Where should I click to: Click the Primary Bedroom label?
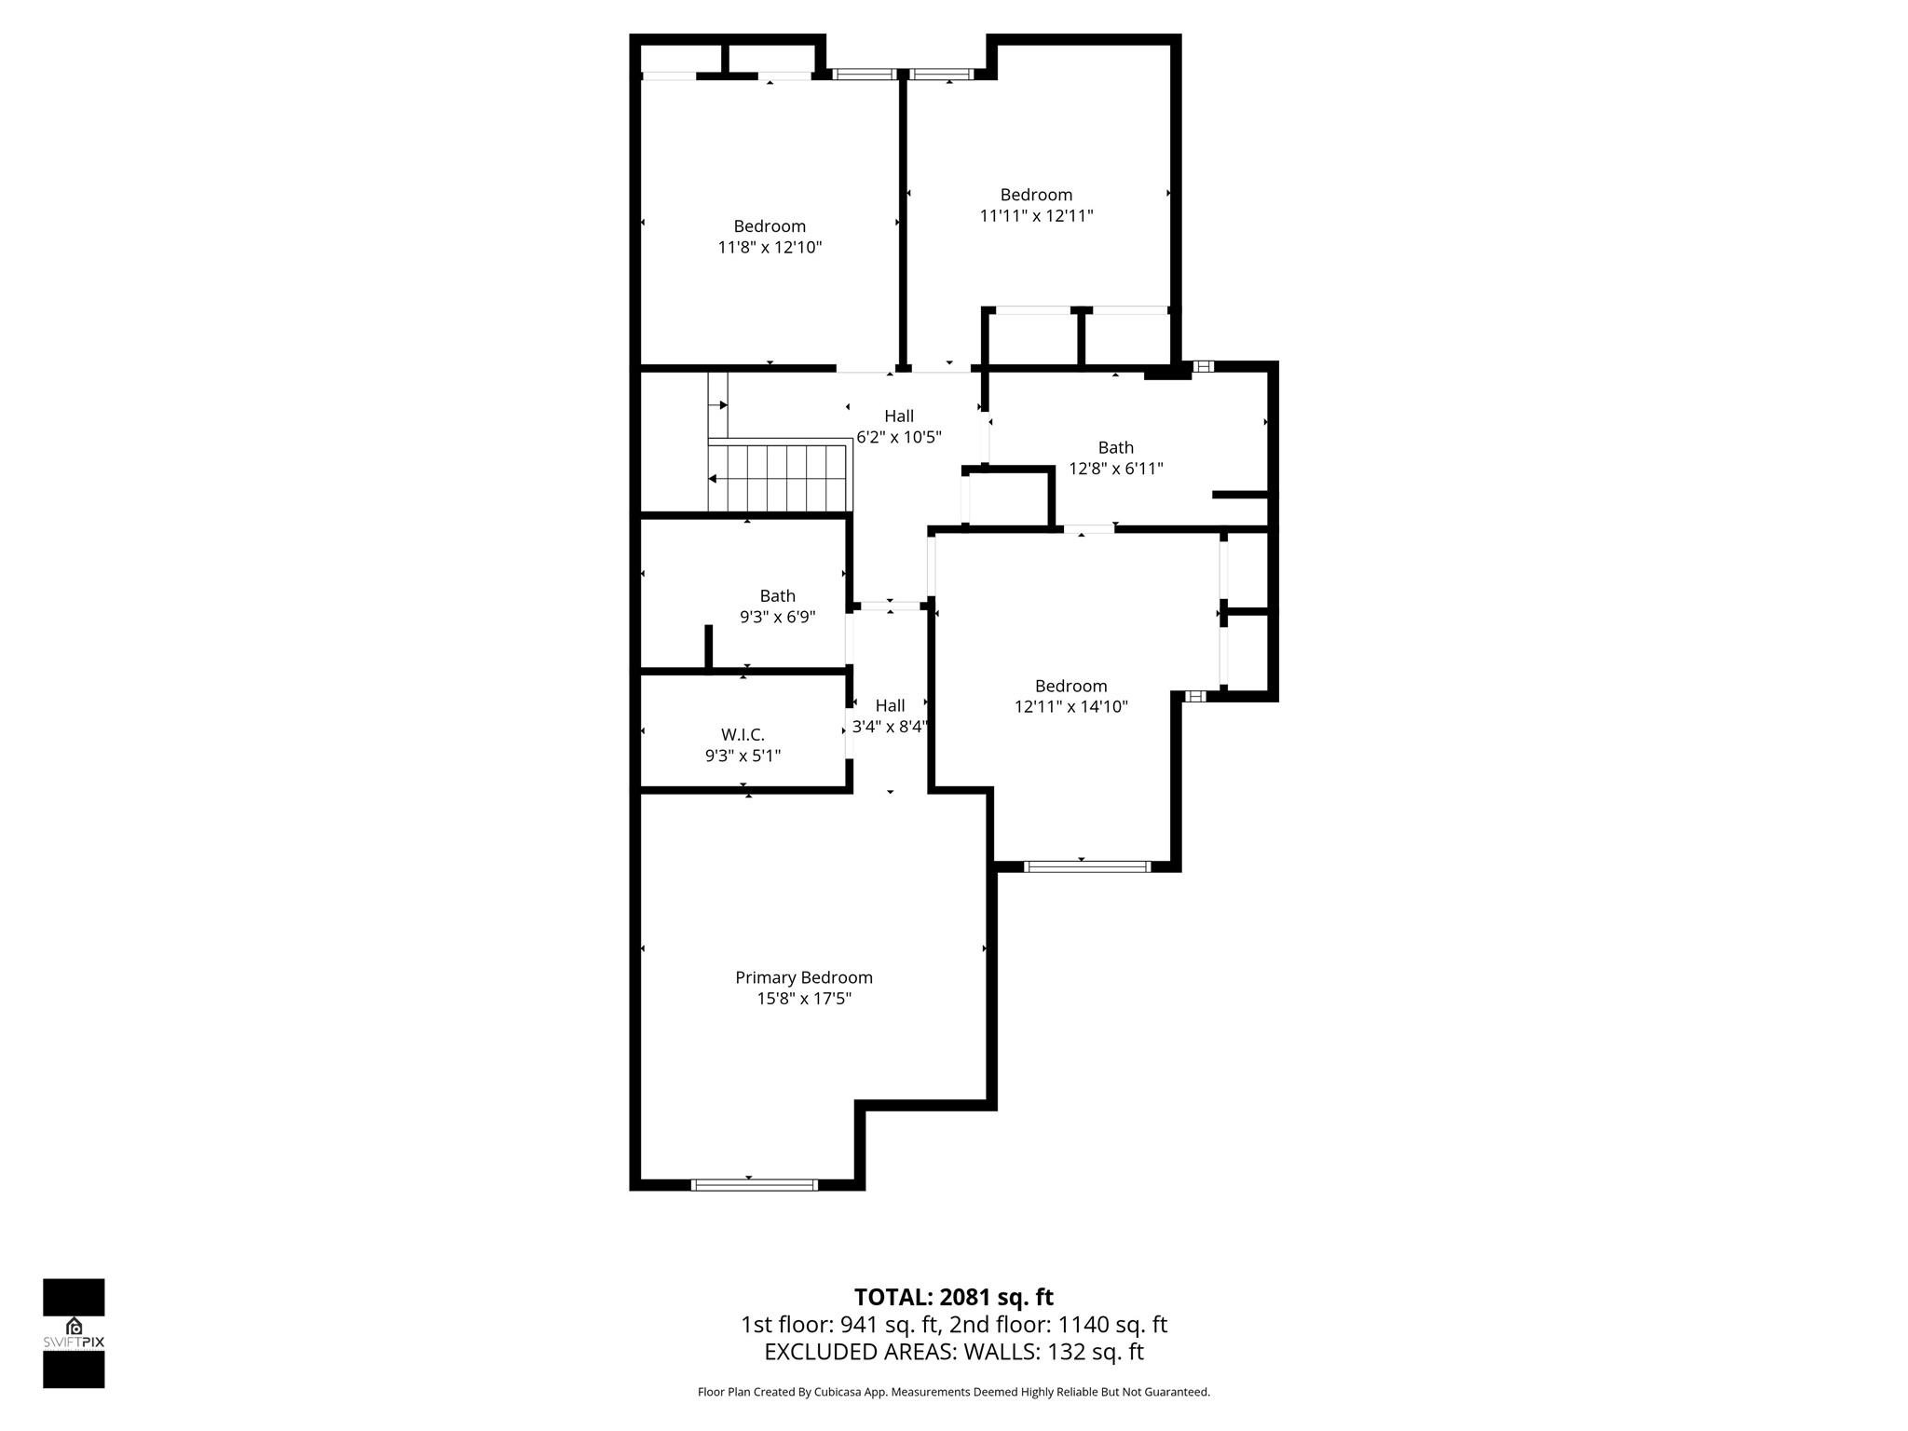[x=804, y=977]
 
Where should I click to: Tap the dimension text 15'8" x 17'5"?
[x=804, y=999]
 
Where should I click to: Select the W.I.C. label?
[x=743, y=735]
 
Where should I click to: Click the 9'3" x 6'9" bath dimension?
[x=777, y=617]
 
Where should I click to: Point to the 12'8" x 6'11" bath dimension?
[x=1115, y=469]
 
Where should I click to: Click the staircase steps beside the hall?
[x=779, y=478]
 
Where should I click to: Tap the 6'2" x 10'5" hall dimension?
[x=899, y=437]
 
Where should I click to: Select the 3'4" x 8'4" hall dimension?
[x=890, y=727]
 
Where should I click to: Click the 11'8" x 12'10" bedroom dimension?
[x=770, y=248]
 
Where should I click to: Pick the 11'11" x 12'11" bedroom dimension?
[x=1036, y=216]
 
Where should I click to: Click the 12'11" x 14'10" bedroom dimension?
[x=1070, y=707]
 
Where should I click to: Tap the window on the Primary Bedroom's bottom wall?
[x=754, y=1184]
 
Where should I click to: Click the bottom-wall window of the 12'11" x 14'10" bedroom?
[x=1086, y=866]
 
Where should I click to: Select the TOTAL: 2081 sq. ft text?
[x=953, y=1297]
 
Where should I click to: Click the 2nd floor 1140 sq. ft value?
[x=1057, y=1325]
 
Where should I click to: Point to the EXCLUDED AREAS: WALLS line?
[x=953, y=1352]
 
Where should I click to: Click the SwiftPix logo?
[x=74, y=1332]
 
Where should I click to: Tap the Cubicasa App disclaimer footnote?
[x=953, y=1392]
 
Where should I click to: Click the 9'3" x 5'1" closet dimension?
[x=743, y=756]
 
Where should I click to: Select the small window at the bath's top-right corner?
[x=1203, y=366]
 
